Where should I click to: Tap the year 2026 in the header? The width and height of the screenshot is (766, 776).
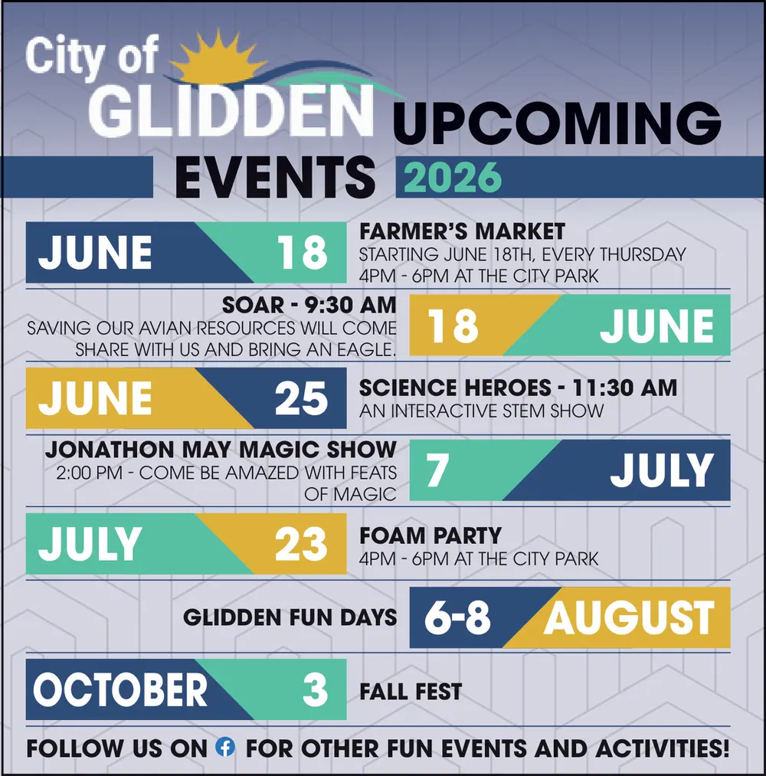click(x=453, y=178)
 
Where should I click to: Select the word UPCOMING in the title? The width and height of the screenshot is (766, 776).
click(x=557, y=122)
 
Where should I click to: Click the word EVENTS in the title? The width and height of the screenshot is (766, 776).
click(x=276, y=176)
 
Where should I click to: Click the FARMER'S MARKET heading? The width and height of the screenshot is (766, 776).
click(x=462, y=231)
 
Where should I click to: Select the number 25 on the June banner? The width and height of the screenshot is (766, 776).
click(x=301, y=399)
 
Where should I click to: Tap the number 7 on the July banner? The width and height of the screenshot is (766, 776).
click(x=437, y=471)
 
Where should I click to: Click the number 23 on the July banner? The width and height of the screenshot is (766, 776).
click(x=301, y=545)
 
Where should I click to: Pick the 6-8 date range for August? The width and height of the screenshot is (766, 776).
click(x=458, y=617)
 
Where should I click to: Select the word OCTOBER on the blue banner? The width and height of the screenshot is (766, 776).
click(x=120, y=690)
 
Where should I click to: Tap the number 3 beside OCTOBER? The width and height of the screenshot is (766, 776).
click(x=315, y=690)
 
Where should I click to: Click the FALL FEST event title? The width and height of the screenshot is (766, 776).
click(x=411, y=693)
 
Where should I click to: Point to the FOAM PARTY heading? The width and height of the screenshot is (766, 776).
click(x=430, y=535)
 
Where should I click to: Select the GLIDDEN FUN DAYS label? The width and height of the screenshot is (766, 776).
click(x=290, y=617)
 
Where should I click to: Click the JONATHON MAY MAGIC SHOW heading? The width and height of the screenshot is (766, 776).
click(x=221, y=450)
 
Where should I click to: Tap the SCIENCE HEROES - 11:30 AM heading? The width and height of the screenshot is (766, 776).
click(x=518, y=388)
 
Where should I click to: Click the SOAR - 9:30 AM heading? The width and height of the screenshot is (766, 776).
click(x=309, y=305)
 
